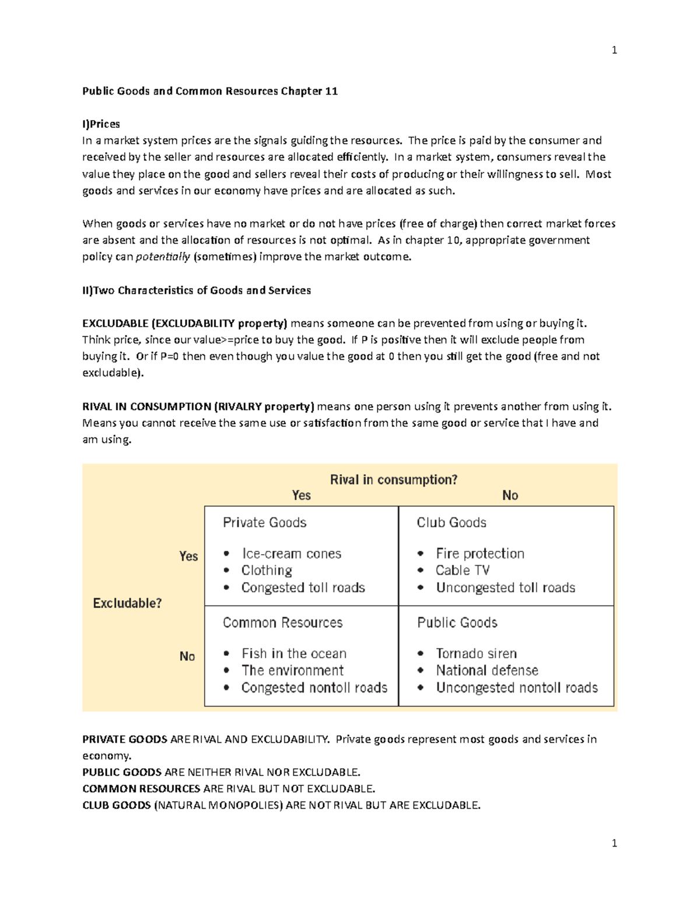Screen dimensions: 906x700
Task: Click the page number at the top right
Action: point(614,50)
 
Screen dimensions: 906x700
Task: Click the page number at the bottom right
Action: point(614,843)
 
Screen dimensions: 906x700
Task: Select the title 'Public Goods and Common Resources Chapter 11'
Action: point(209,91)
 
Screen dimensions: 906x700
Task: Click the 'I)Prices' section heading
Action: point(101,124)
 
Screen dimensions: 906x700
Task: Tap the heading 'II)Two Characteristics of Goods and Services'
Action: point(197,291)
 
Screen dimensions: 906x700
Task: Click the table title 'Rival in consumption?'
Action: point(394,480)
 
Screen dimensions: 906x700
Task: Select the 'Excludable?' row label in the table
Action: point(127,603)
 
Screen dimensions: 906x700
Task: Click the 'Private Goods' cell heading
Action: point(264,523)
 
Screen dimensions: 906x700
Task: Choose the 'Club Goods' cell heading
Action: point(452,523)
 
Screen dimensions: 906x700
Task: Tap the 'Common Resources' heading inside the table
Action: point(282,622)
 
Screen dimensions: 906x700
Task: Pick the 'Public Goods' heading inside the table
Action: point(457,622)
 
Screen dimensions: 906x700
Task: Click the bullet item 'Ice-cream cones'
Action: point(291,554)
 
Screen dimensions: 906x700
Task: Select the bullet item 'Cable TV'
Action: point(463,571)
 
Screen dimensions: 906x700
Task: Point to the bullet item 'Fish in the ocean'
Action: point(294,653)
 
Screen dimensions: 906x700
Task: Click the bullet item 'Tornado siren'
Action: point(476,653)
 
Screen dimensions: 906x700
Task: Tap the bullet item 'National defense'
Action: point(487,670)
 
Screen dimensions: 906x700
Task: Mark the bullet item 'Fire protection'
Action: point(480,554)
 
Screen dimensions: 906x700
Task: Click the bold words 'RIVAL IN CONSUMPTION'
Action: point(146,407)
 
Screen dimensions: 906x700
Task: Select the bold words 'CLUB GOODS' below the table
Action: point(117,806)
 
